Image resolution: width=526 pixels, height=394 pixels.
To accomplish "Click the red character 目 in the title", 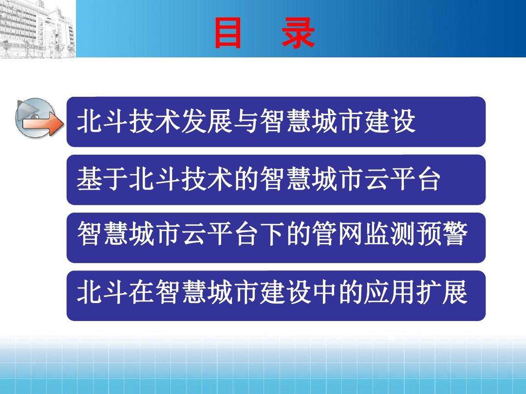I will pos(227,34).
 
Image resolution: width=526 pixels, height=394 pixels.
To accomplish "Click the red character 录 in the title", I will pos(298,34).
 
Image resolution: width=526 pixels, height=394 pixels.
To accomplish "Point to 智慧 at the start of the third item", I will pos(102,237).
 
